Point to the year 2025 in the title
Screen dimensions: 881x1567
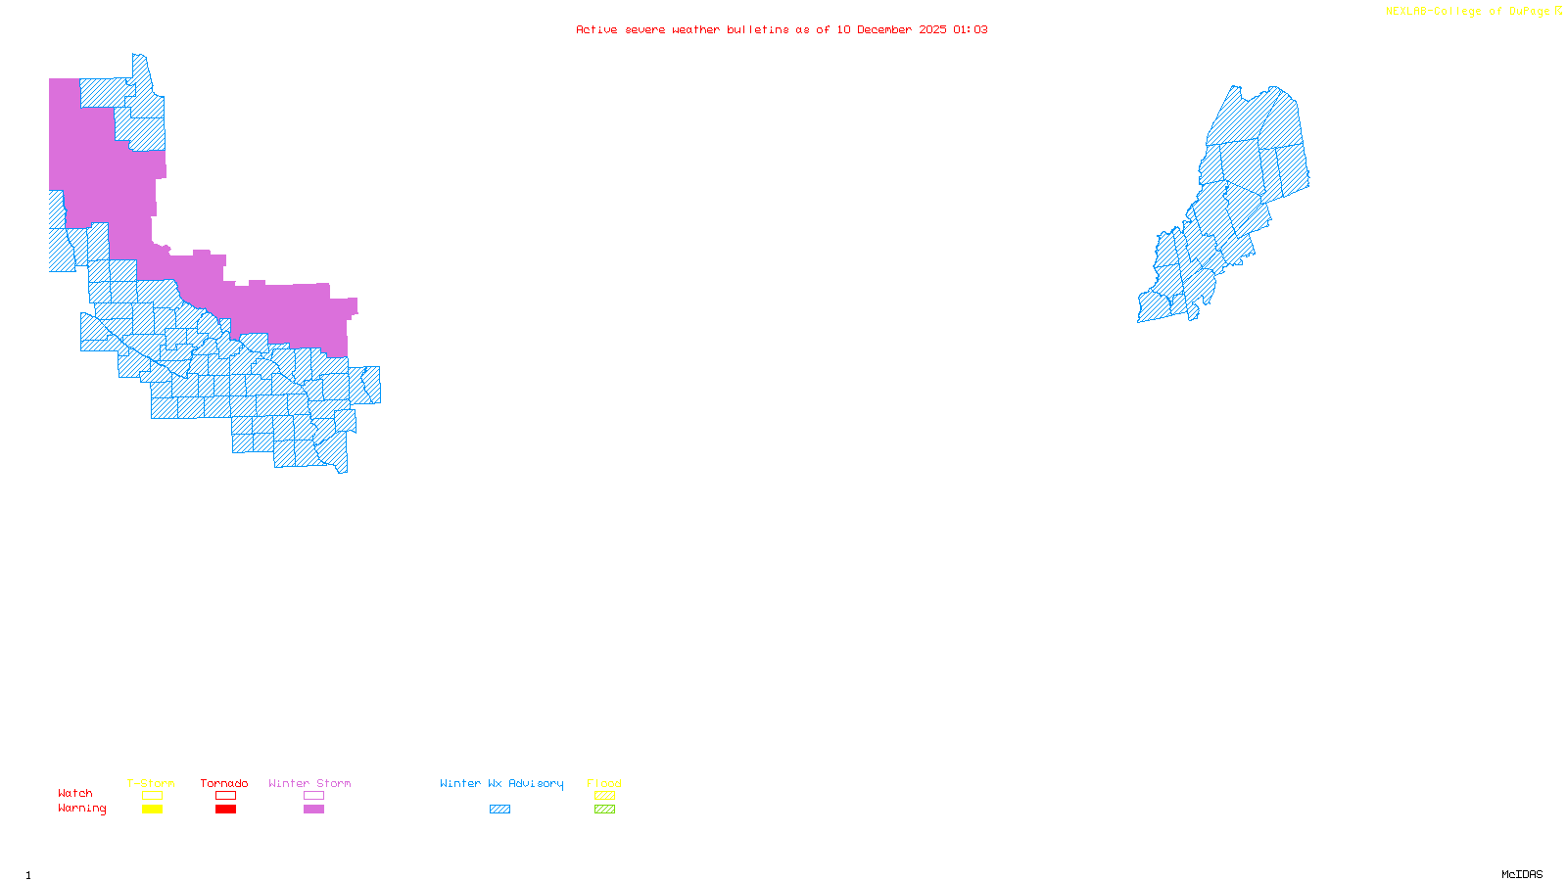tap(932, 29)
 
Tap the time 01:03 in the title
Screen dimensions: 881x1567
tap(970, 29)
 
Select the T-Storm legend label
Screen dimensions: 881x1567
tap(151, 783)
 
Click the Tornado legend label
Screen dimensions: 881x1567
tap(224, 783)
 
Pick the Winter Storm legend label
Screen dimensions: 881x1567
tap(309, 783)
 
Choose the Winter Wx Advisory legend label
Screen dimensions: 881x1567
tap(501, 783)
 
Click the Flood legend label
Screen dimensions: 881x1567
tap(604, 783)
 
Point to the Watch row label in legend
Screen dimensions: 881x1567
tap(75, 793)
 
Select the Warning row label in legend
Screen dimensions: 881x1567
tap(82, 809)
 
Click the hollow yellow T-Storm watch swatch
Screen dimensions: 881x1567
tap(152, 796)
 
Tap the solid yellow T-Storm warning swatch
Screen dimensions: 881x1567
tap(152, 810)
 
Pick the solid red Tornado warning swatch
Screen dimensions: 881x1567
tap(225, 810)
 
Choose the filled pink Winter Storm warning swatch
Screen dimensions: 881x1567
tap(313, 810)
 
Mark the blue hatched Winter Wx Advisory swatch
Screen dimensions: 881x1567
tap(499, 810)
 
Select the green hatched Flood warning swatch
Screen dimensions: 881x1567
tap(604, 810)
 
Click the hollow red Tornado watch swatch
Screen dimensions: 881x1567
tap(225, 796)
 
